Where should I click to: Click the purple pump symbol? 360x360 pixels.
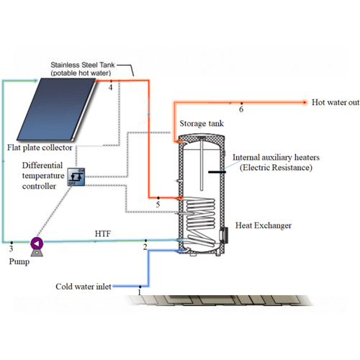(x=37, y=244)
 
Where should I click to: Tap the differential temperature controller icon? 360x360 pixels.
(x=76, y=176)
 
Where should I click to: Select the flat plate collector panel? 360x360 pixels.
(x=56, y=109)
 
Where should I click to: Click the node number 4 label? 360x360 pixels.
(x=110, y=87)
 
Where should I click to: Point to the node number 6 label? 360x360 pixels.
(x=241, y=109)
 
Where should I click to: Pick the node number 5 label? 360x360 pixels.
(x=158, y=204)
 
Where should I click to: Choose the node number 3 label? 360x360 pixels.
(x=11, y=248)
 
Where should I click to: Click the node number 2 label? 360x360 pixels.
(x=145, y=247)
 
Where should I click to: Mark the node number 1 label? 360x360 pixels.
(x=139, y=292)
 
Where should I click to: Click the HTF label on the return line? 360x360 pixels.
(x=103, y=234)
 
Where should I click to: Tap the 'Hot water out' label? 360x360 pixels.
(x=336, y=102)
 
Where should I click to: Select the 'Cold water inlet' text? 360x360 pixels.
(x=84, y=287)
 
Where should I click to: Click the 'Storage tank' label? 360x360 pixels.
(x=202, y=124)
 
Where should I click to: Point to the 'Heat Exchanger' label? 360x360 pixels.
(x=264, y=225)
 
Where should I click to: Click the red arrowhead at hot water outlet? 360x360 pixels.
(x=305, y=102)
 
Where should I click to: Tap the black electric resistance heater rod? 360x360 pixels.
(x=217, y=172)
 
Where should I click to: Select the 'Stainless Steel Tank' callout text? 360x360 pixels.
(x=83, y=65)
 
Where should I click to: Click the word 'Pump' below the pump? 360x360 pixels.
(x=19, y=261)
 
